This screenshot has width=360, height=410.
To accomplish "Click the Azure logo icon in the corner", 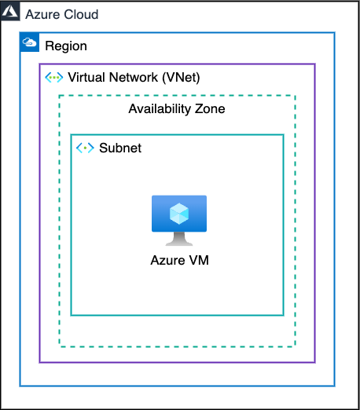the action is click(x=10, y=11).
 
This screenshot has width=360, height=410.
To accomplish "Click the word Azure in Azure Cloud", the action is click(x=42, y=14).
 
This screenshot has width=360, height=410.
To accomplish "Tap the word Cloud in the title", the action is click(x=81, y=14).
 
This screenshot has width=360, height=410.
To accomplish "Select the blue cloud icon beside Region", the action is click(x=29, y=42).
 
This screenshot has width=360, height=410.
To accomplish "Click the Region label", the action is click(x=66, y=46).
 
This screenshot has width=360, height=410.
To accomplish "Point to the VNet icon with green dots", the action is click(x=54, y=78).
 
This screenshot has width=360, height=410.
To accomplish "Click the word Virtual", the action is click(x=86, y=77).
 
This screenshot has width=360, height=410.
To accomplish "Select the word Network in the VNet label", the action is click(x=134, y=77).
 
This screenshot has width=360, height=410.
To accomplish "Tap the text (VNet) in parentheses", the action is click(x=181, y=78).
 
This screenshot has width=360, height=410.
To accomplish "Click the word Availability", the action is click(x=160, y=109).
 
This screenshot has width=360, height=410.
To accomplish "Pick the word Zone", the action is click(x=210, y=109).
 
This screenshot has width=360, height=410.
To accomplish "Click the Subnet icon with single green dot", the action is click(x=85, y=148).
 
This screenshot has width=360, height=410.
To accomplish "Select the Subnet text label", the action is click(x=120, y=148).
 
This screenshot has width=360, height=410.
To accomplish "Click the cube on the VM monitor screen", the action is click(x=179, y=214).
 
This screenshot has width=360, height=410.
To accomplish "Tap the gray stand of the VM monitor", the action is click(x=179, y=239).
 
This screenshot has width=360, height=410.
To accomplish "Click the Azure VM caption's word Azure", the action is click(x=167, y=261).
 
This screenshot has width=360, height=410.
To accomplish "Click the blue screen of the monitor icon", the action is click(x=179, y=214).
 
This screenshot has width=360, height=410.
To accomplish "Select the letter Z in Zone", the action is click(x=199, y=108).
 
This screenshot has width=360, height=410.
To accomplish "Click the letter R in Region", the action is click(x=50, y=46).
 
